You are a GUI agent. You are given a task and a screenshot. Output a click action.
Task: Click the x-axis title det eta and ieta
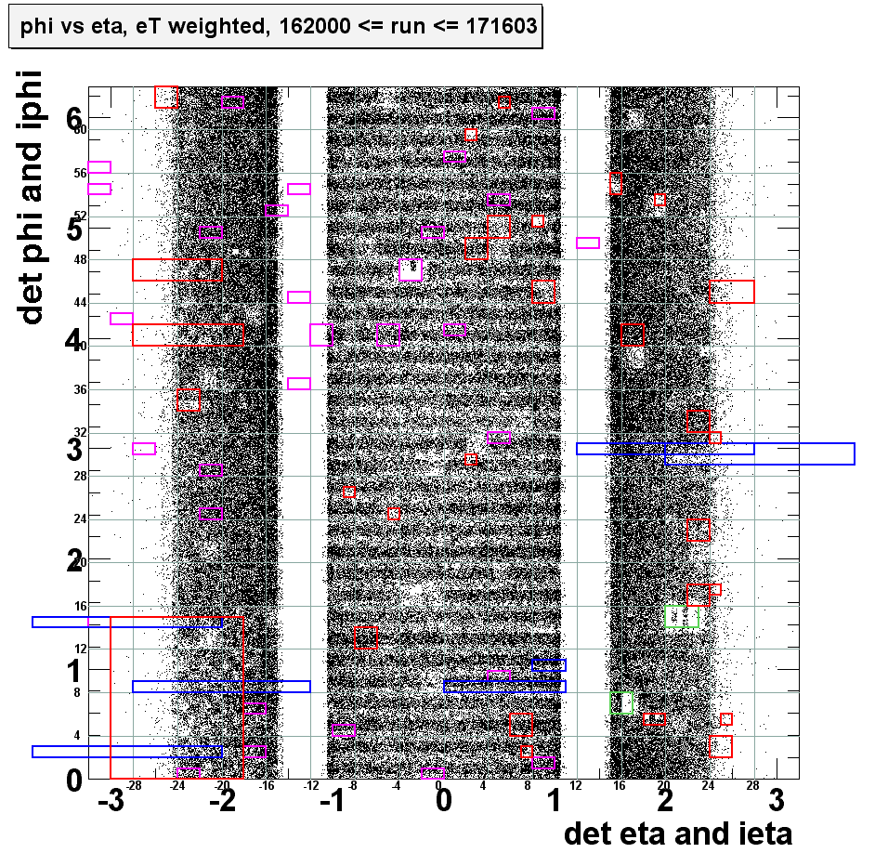(x=678, y=833)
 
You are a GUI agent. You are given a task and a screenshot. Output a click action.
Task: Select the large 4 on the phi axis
(x=74, y=340)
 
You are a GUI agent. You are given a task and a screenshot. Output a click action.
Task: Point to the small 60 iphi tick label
(x=80, y=129)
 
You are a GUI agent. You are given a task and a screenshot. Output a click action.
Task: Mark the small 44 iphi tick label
(x=80, y=302)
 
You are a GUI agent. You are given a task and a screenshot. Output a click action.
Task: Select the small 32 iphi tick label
(x=80, y=432)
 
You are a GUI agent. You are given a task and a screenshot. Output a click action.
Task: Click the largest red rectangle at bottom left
(x=176, y=697)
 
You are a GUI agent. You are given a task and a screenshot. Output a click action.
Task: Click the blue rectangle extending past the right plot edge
(x=759, y=453)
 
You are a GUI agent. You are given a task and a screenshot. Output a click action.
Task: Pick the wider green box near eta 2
(x=682, y=616)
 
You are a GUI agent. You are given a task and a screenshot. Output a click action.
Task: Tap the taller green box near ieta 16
(x=621, y=702)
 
